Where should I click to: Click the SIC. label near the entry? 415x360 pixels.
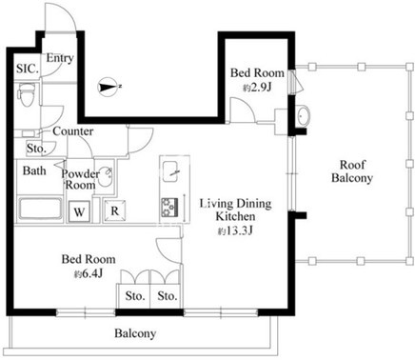(28, 69)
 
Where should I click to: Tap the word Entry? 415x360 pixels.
(60, 58)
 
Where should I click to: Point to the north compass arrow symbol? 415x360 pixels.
(109, 87)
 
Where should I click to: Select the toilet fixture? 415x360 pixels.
(27, 94)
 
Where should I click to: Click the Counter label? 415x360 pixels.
(73, 131)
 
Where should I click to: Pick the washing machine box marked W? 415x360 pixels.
(79, 211)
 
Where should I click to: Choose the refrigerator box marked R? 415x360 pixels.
(115, 210)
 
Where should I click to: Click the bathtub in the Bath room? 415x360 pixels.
(41, 209)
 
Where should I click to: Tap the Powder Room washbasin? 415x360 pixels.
(104, 177)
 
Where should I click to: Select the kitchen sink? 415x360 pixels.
(170, 171)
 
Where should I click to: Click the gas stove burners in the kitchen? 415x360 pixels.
(169, 208)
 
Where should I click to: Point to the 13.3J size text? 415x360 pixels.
(235, 230)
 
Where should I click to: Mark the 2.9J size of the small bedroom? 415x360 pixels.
(257, 87)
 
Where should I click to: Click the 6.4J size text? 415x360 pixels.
(89, 273)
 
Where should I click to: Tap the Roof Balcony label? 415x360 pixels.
(352, 171)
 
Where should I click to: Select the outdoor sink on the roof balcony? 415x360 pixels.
(303, 116)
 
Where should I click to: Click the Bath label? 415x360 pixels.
(34, 170)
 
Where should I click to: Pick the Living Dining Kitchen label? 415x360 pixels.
(236, 210)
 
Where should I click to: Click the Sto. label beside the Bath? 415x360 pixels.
(37, 149)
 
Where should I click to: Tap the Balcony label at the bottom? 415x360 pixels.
(135, 333)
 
